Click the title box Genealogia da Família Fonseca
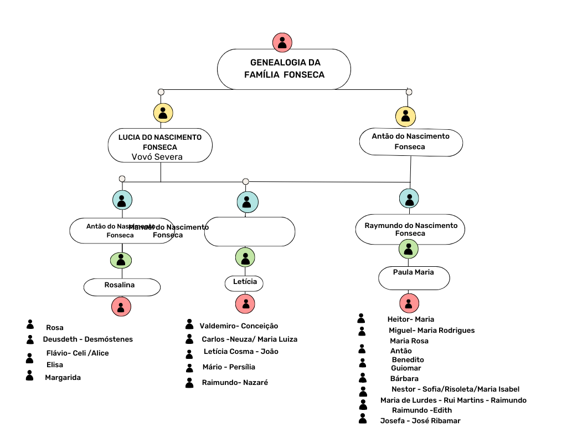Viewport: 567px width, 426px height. (283, 69)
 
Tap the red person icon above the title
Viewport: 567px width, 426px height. (282, 43)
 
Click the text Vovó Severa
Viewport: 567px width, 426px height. (157, 157)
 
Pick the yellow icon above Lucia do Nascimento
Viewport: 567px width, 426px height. (163, 113)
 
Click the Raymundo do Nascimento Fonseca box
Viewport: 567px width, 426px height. (410, 229)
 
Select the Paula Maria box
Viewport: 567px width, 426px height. (414, 277)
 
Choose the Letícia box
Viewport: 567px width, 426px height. (244, 283)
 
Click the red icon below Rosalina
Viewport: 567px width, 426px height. (121, 306)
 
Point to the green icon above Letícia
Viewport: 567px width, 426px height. (245, 257)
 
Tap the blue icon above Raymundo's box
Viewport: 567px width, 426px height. (409, 198)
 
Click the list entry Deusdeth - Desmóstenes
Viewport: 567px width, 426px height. (87, 339)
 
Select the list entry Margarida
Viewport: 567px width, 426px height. (63, 378)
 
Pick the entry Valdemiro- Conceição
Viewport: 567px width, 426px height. (239, 326)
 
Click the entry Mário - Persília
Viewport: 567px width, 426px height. (228, 367)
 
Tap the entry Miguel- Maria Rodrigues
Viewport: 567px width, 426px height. (431, 331)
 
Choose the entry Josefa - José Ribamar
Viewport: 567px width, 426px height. (420, 420)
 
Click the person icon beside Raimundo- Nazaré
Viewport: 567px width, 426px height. (189, 382)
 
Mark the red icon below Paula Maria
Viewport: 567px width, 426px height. (409, 303)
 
